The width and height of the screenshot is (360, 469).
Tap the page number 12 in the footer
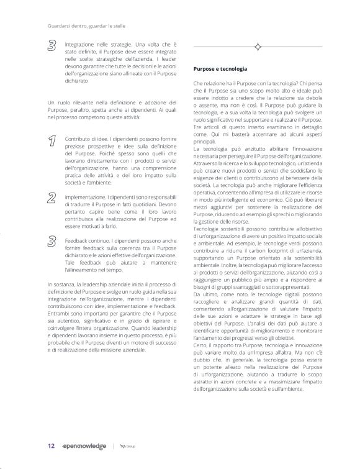point(52,445)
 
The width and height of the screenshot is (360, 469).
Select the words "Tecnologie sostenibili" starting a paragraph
point(218,231)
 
